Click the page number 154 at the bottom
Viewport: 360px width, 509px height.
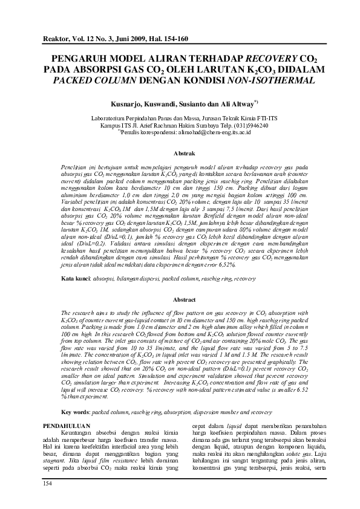[x=47, y=484]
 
